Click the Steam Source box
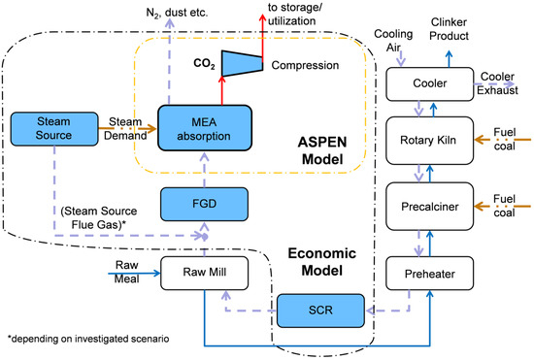(50, 130)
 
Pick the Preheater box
(429, 274)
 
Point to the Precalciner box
(429, 205)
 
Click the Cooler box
(429, 83)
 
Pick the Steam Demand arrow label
(128, 130)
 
